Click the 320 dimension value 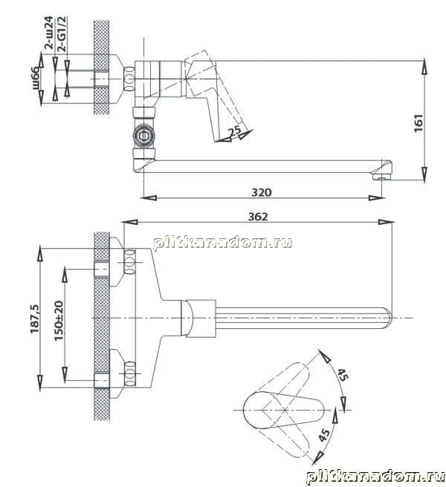[261, 192]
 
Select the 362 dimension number [258, 217]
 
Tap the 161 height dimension [418, 123]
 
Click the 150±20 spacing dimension [59, 321]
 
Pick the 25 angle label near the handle [235, 131]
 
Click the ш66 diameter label [36, 78]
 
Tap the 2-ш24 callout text [49, 33]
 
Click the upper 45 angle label [343, 374]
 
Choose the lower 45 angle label [324, 435]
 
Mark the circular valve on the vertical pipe [143, 136]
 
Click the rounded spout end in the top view [388, 318]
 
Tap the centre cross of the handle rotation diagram [285, 411]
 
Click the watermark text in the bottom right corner [375, 477]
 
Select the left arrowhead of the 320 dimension [149, 197]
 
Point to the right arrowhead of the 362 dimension [387, 222]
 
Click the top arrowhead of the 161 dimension [424, 67]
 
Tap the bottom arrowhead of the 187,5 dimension [40, 382]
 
